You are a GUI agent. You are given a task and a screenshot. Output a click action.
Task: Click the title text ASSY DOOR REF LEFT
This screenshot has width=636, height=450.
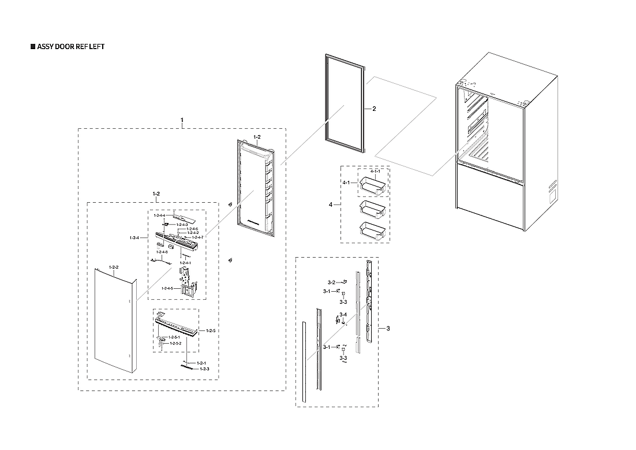coord(70,47)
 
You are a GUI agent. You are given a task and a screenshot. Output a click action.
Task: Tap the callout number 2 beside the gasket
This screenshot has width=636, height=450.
coord(374,109)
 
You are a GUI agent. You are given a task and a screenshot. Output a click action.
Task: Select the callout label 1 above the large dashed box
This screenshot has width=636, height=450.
coord(182,120)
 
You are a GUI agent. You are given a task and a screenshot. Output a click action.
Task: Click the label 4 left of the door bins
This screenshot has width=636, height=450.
coord(331,204)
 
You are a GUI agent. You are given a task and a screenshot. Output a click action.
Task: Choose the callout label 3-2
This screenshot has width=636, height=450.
coord(331,282)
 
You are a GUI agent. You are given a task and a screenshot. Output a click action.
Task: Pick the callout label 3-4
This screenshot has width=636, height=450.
coord(343,314)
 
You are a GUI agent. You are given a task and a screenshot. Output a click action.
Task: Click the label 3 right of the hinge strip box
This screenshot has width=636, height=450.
coord(388,329)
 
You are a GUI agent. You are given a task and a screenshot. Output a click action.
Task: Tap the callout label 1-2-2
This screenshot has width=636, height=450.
coord(113,267)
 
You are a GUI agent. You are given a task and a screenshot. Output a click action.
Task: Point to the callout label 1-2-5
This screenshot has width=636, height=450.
coord(211,330)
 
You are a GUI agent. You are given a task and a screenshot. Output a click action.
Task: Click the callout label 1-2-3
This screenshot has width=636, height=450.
coord(204,369)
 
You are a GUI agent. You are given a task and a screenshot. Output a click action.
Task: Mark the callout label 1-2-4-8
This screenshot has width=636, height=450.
coord(162,252)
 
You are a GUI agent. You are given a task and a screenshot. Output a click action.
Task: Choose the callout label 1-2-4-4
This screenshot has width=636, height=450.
coord(160,215)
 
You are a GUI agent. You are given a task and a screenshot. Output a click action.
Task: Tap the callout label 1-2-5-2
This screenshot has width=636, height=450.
coord(174,343)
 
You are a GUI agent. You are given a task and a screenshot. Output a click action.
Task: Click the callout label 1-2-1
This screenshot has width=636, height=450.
coord(202,362)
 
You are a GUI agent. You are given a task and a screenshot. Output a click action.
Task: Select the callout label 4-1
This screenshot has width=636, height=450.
coord(347,183)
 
